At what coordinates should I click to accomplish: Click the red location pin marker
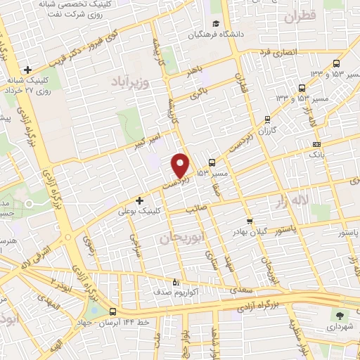(x=181, y=165)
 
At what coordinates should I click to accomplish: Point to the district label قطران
(x=297, y=18)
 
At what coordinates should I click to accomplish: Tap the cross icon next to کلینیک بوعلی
(x=139, y=200)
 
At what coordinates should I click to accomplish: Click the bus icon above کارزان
(x=266, y=120)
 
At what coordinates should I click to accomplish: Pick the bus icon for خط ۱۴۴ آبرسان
(x=113, y=311)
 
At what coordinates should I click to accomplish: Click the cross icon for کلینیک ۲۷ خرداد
(x=27, y=70)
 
